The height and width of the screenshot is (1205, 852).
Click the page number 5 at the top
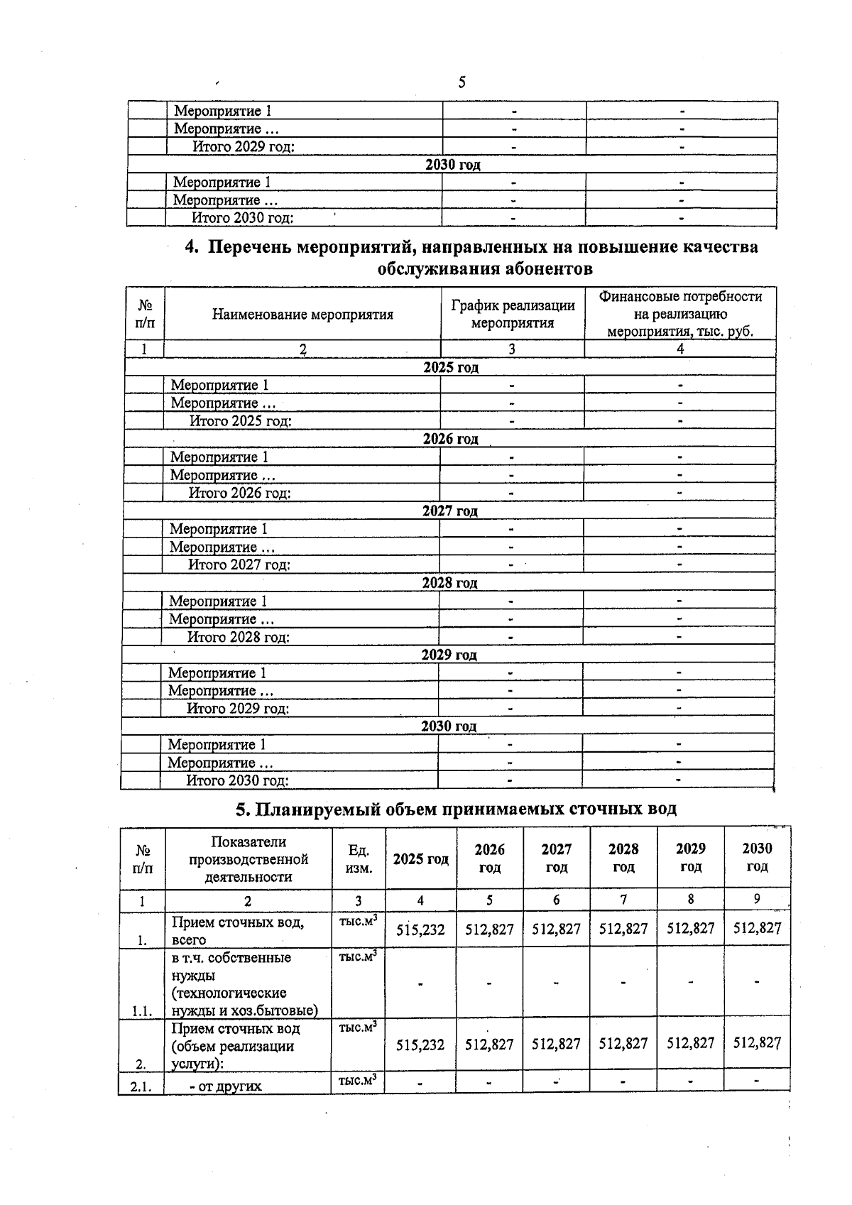click(x=461, y=82)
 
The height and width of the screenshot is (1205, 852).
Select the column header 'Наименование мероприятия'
click(x=302, y=315)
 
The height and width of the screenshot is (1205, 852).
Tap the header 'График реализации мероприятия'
click(x=513, y=314)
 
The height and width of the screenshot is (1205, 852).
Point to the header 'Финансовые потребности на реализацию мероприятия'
click(x=680, y=314)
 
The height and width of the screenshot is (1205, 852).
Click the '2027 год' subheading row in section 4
click(x=450, y=511)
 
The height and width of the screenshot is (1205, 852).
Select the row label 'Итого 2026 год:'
click(x=239, y=493)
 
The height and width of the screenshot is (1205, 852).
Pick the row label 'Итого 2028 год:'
click(x=238, y=637)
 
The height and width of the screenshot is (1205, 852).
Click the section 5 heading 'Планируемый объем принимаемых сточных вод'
click(x=456, y=809)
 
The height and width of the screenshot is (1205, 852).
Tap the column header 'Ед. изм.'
click(x=359, y=858)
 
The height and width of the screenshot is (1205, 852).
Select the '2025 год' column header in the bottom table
click(x=420, y=858)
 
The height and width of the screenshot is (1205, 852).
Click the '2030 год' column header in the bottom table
click(x=757, y=857)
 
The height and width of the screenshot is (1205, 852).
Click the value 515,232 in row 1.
click(x=420, y=929)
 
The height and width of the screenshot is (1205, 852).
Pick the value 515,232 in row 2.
click(x=420, y=1045)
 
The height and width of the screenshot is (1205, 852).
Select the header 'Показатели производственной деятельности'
click(x=248, y=859)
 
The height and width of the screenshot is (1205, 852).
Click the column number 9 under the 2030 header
click(x=757, y=899)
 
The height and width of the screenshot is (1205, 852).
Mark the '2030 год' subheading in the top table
click(x=452, y=165)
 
